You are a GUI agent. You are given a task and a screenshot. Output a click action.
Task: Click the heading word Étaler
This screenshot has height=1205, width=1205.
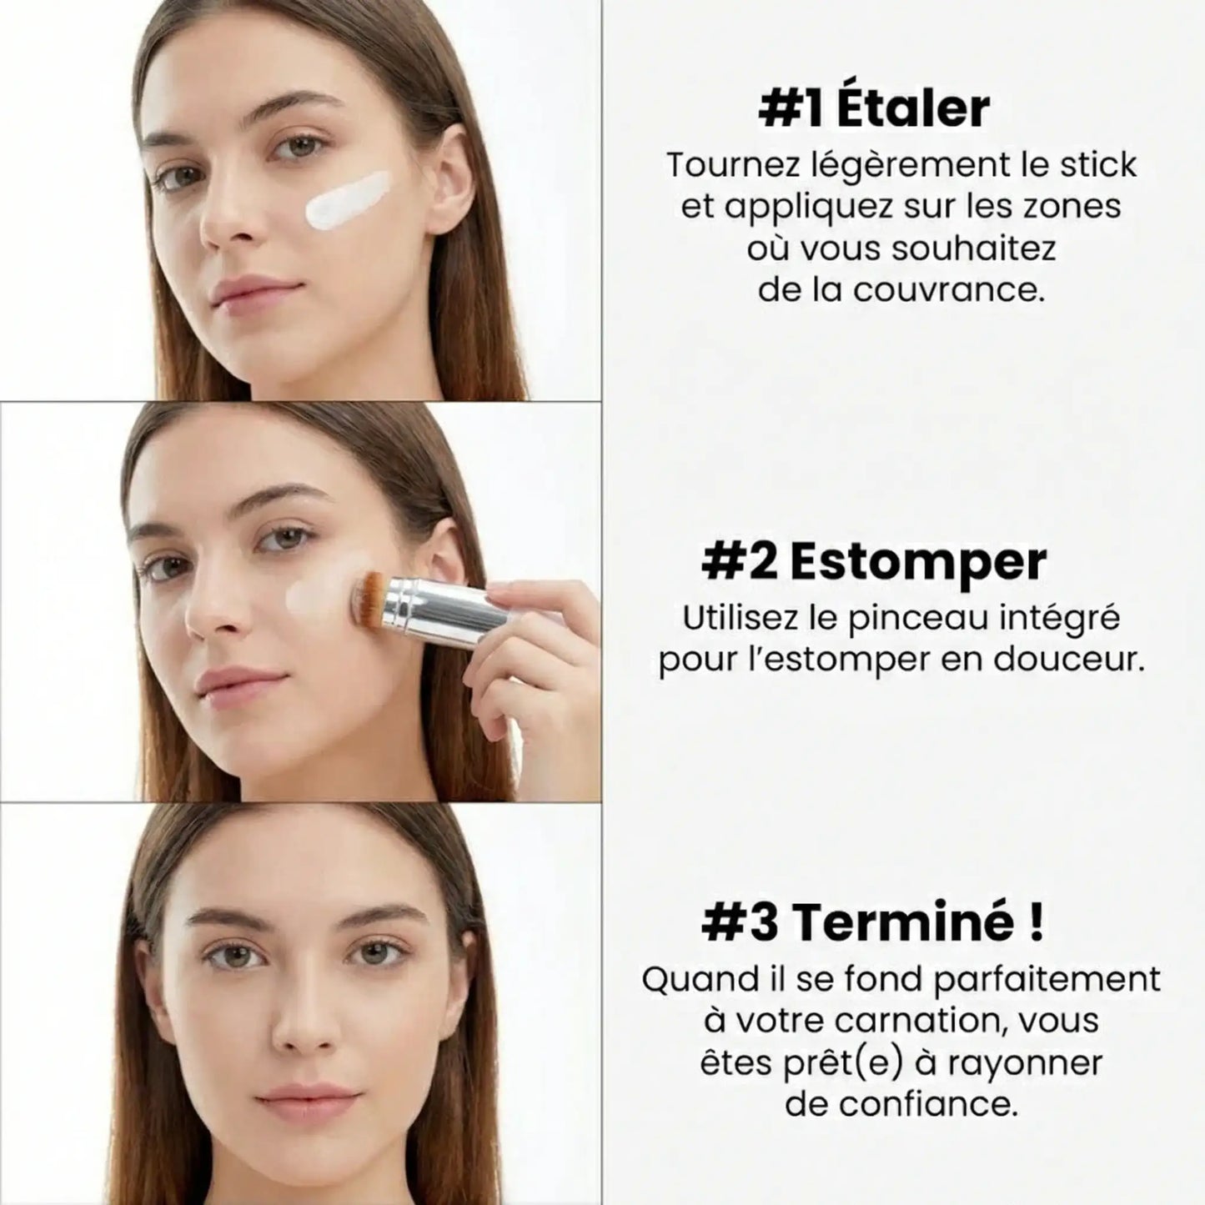[x=914, y=108]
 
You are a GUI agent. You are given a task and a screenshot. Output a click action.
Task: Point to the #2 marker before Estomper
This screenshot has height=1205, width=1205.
[x=740, y=562]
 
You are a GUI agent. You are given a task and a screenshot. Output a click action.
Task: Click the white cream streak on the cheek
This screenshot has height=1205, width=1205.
[x=348, y=199]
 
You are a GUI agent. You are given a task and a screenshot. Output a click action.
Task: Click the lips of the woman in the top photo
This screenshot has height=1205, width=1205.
[x=256, y=291]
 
